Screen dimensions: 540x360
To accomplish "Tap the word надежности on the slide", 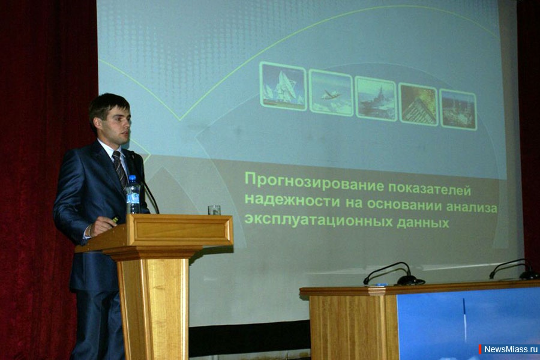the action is point(293,200).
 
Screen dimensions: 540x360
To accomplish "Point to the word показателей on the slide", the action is point(430,188).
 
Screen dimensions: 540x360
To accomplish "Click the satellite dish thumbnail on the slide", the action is point(283,86).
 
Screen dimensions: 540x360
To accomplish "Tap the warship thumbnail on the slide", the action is point(376,98).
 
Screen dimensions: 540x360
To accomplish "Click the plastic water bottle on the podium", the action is point(133,194).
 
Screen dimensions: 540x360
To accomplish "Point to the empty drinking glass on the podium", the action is point(214,210).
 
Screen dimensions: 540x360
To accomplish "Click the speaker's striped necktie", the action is point(119,168).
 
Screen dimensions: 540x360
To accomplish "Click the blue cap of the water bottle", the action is point(133,178).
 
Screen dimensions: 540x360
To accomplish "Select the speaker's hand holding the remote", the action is point(101,226).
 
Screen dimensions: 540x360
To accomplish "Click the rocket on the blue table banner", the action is point(464,319).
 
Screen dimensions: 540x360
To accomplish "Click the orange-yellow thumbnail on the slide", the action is point(418,104).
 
